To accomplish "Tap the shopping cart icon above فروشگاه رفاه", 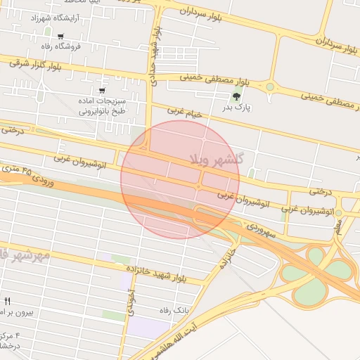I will [61, 37].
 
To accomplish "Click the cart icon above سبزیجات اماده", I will [102, 90].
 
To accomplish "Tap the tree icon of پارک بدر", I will [238, 96].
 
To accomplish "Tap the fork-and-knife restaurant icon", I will [7, 301].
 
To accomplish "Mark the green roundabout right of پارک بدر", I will [269, 87].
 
